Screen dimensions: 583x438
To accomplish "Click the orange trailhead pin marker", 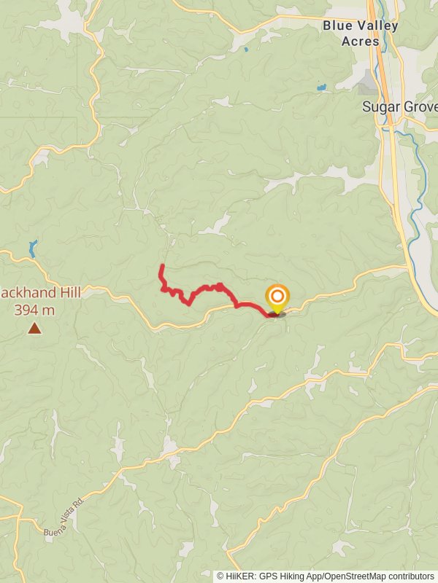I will pos(277,300).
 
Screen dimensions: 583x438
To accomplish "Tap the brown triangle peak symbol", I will pos(34,329).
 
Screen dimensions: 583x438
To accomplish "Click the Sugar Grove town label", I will pos(399,106).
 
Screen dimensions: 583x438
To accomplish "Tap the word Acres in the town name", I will pos(361,41).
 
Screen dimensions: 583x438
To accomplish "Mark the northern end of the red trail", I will pos(161,266).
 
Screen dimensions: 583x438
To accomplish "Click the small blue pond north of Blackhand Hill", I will pos(32,248).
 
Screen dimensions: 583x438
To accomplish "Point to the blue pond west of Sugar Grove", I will pos(321,88).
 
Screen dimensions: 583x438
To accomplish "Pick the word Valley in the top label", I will pos(374,26).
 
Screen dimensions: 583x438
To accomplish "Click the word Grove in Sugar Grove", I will pos(418,106).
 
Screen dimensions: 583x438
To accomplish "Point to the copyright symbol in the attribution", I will pos(220,576).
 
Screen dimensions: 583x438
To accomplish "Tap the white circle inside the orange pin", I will pos(277,297).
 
